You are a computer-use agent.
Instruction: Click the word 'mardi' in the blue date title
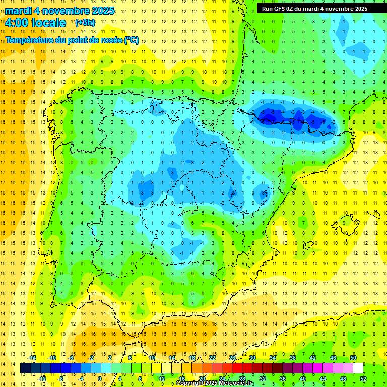19,11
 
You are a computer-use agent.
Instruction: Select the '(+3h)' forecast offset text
84,23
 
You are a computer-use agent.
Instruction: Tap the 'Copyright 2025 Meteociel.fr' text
215,383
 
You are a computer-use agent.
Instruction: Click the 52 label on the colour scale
363,379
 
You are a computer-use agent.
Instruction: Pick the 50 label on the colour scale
353,357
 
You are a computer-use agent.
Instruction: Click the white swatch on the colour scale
358,368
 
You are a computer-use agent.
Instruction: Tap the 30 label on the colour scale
252,357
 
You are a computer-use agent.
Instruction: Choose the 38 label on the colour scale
293,357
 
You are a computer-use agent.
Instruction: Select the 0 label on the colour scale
100,379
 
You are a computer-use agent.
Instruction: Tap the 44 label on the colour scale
323,379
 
